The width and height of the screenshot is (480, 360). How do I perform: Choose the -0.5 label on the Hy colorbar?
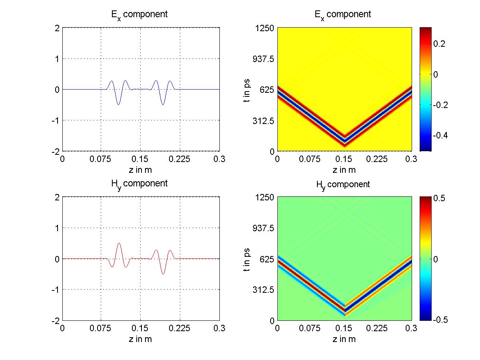(x=431, y=320)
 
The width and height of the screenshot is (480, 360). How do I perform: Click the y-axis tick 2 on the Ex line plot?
(x=57, y=28)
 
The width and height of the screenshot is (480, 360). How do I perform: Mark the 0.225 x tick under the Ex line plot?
(x=179, y=159)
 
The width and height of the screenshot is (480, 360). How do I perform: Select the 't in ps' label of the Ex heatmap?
(x=247, y=89)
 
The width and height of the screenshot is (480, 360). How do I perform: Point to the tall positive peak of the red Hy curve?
(x=119, y=243)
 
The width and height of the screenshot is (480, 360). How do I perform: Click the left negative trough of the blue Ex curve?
(x=118, y=104)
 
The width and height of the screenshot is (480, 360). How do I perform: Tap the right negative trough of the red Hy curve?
(x=163, y=274)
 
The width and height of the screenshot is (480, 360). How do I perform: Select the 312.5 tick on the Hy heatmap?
(x=261, y=290)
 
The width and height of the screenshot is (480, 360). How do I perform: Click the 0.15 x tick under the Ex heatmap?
(x=345, y=159)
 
